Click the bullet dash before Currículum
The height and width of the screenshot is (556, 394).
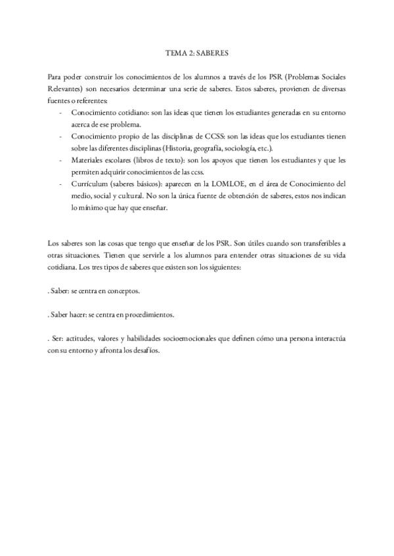tap(60, 184)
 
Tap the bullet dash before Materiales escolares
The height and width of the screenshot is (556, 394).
tap(60, 160)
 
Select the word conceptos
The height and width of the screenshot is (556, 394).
tap(123, 289)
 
